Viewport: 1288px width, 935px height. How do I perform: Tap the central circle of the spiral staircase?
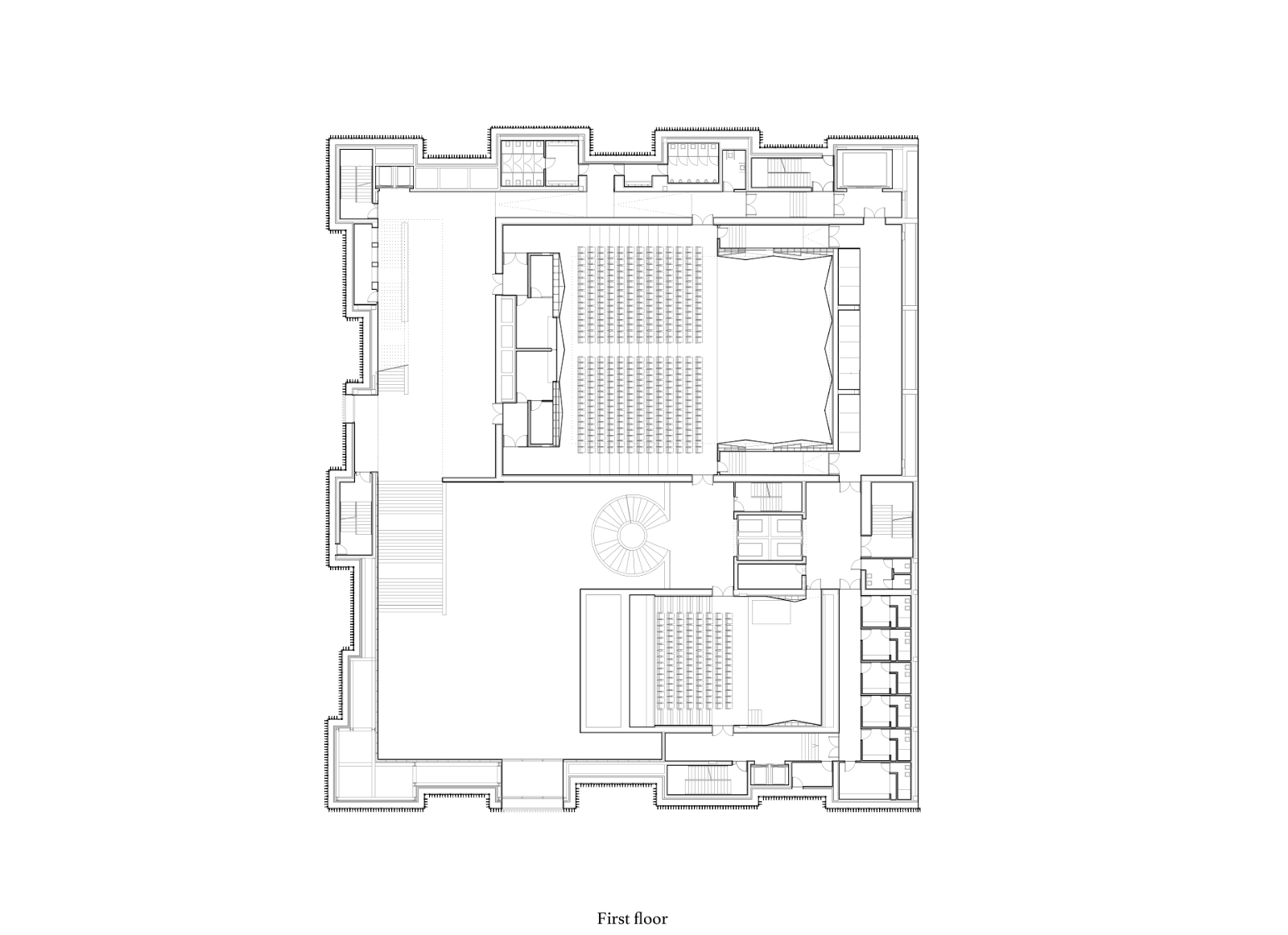point(631,536)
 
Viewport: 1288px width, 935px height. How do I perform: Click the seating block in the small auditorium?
point(696,660)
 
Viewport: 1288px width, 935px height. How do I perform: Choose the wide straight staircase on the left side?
point(411,548)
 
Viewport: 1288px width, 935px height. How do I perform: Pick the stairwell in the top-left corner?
point(357,184)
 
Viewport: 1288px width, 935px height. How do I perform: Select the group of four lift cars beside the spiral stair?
point(770,537)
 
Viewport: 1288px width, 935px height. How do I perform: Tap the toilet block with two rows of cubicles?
point(522,164)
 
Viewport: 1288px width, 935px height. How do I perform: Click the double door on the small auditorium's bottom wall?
point(723,730)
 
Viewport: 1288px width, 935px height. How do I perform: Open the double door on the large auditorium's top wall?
point(703,220)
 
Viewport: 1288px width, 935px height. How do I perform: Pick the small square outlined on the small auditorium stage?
point(771,611)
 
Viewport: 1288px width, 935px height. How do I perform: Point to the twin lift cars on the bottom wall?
point(770,774)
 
